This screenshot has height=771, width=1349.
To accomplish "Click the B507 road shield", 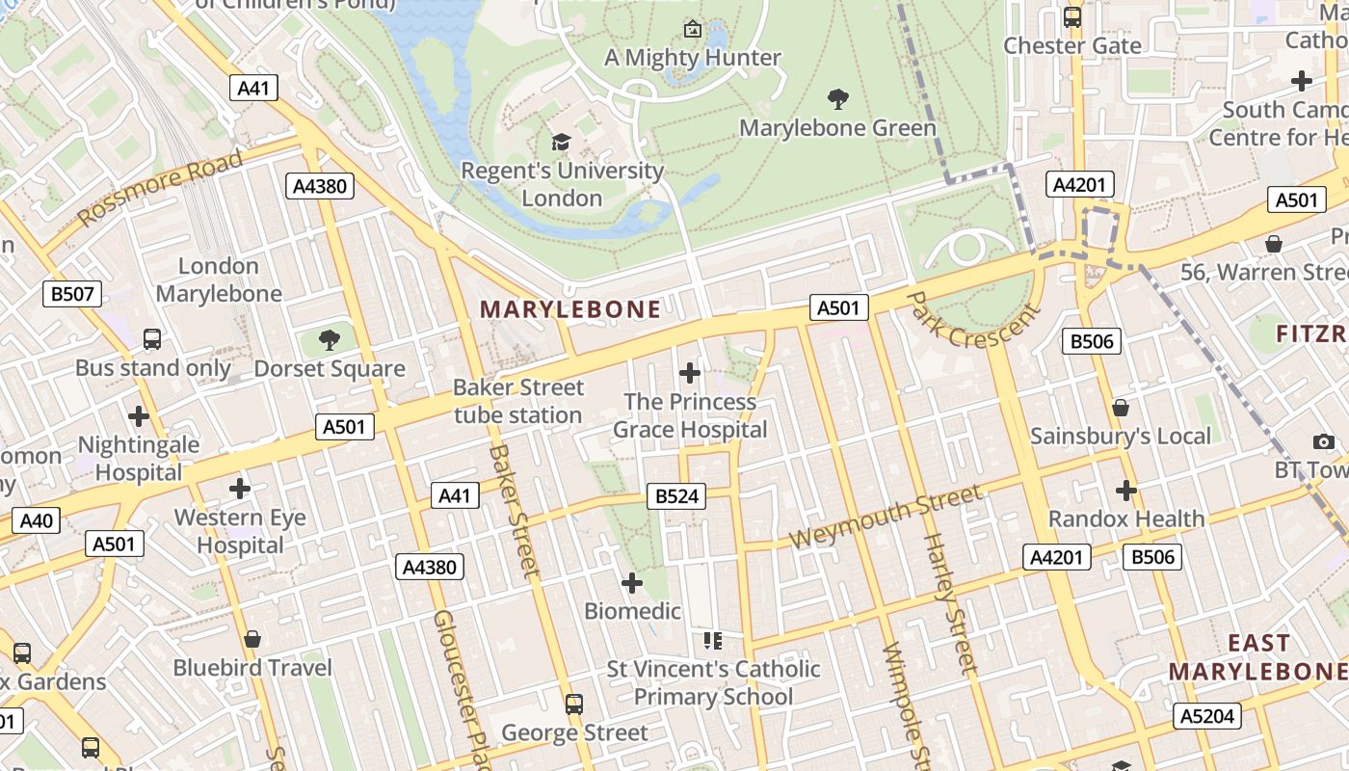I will pos(72,294).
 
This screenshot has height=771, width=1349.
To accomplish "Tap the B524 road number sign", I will pos(678,496).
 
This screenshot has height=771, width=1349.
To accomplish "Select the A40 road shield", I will pos(36,521).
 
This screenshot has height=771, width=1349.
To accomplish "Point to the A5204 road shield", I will pos(1207,716).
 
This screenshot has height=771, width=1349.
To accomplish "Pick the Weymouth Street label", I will pos(886,518).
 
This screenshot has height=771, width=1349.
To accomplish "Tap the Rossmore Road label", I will pos(160,189).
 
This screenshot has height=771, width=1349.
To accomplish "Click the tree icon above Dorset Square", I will pos(330,339).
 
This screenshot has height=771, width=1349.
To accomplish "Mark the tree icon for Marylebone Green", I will pos(838,98).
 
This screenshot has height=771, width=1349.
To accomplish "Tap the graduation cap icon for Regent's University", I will pos(561,143).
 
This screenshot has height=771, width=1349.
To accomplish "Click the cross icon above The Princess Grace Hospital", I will pos(690,373).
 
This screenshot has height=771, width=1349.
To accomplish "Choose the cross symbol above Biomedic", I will pos(632,583).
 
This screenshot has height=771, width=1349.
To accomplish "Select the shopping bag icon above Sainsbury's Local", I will pos(1120,408).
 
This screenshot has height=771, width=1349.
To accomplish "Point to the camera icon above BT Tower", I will pos(1324,441).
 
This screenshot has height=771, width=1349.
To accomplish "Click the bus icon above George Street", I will pos(574,705).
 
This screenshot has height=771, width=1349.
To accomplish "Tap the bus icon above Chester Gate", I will pos(1072,16).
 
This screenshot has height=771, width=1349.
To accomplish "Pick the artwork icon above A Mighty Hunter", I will pos(692,29).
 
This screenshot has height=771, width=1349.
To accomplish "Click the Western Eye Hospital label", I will pos(240,531).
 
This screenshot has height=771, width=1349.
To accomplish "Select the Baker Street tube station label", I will pos(518,401).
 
